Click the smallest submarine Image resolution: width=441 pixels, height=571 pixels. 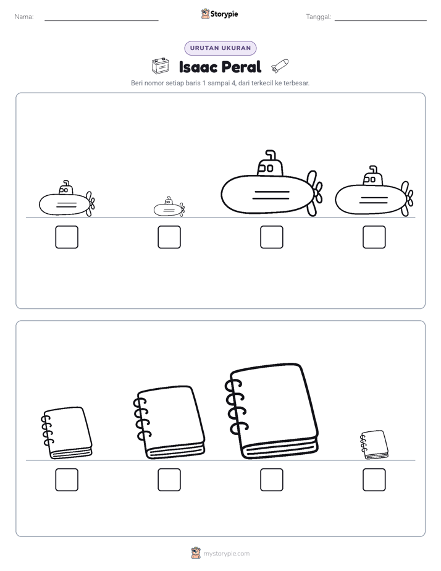click(x=169, y=207)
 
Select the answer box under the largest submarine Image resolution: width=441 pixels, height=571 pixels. click(x=271, y=237)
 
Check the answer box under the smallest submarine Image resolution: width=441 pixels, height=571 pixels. click(x=169, y=237)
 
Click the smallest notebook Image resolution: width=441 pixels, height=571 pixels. click(x=374, y=445)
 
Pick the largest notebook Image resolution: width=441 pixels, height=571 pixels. click(x=272, y=411)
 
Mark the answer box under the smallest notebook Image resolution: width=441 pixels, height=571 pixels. click(x=374, y=480)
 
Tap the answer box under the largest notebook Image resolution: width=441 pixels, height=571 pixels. click(x=271, y=480)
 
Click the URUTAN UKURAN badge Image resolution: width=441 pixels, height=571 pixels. click(x=220, y=48)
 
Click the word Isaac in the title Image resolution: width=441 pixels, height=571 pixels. click(x=198, y=67)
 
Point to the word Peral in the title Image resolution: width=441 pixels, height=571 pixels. click(x=241, y=67)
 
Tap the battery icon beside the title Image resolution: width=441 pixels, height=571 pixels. click(x=161, y=66)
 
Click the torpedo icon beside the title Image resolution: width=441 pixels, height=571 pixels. click(x=280, y=66)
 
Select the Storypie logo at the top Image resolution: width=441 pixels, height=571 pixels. click(x=219, y=14)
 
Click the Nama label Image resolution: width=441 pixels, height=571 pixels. click(x=24, y=17)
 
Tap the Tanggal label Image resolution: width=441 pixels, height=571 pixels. click(x=318, y=17)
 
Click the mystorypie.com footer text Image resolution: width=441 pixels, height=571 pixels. click(x=226, y=554)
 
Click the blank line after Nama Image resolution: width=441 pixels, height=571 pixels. click(x=101, y=20)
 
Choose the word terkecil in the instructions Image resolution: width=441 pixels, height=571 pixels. click(x=262, y=83)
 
